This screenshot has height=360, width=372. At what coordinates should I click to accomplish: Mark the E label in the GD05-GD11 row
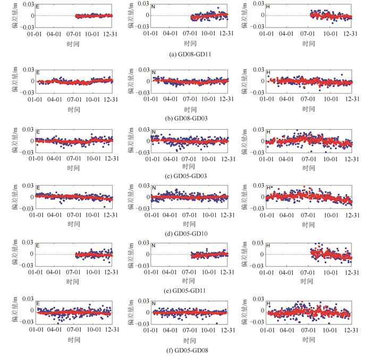click(x=38, y=246)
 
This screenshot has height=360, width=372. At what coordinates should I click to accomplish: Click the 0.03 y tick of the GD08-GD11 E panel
click(x=28, y=5)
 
